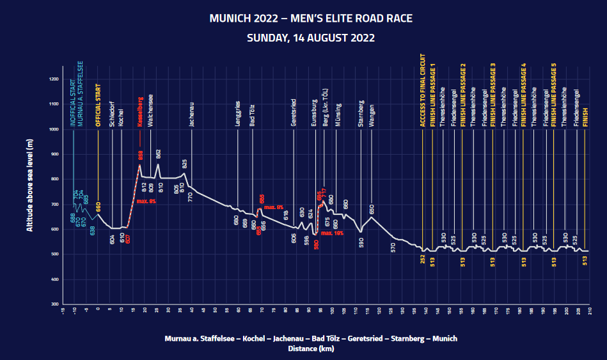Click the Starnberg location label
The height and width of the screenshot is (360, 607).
pyautogui.click(x=361, y=113)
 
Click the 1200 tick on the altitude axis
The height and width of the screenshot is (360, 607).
pyautogui.click(x=54, y=79)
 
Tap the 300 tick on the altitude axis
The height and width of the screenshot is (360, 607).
pyautogui.click(x=55, y=304)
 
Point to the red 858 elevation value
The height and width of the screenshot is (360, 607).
pyautogui.click(x=141, y=155)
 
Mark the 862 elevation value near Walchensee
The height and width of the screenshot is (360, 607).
pyautogui.click(x=158, y=153)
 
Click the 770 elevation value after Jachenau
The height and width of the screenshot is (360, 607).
pyautogui.click(x=191, y=196)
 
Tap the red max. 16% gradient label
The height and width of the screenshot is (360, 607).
pyautogui.click(x=333, y=233)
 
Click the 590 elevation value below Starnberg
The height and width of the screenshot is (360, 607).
pyautogui.click(x=361, y=242)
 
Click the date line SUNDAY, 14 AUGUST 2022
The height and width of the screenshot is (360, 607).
pyautogui.click(x=311, y=38)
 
